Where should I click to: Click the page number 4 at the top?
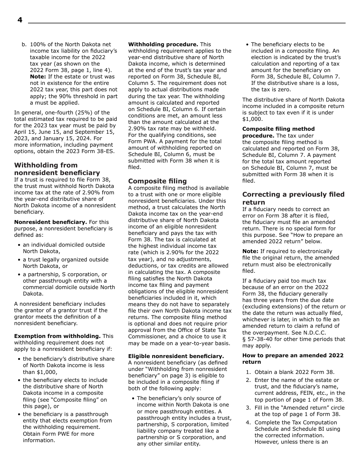(x=20, y=20)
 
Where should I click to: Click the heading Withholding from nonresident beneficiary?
(x=57, y=169)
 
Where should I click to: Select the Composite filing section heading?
(x=157, y=181)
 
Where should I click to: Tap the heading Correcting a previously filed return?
(x=293, y=198)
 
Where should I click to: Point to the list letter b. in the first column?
(x=24, y=45)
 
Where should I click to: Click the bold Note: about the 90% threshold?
(x=38, y=77)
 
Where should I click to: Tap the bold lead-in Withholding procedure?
(x=163, y=45)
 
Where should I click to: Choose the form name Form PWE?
(x=58, y=434)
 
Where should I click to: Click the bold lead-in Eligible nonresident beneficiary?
(x=176, y=357)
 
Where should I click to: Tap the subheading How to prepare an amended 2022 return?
(x=293, y=359)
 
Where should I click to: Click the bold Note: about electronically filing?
(x=250, y=252)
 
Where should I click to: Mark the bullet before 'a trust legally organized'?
(x=19, y=260)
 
